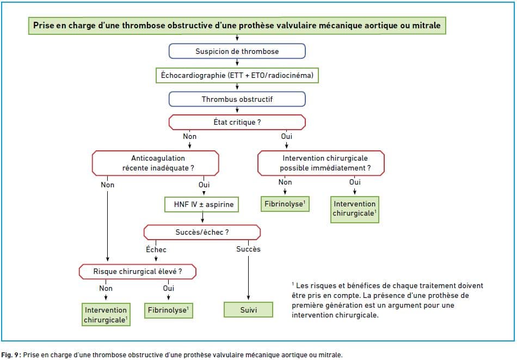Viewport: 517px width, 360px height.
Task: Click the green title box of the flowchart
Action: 237,26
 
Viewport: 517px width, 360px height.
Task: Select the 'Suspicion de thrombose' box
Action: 237,51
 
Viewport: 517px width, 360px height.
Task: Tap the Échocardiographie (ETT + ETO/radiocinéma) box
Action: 237,75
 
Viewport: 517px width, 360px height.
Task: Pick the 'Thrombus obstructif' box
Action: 237,99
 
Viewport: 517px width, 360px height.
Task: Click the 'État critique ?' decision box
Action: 237,122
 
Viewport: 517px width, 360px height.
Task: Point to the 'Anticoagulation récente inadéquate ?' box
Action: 155,163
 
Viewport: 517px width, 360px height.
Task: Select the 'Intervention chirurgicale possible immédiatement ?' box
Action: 321,163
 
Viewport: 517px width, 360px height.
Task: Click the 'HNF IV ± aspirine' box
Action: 201,205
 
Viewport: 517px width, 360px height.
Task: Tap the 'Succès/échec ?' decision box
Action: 202,233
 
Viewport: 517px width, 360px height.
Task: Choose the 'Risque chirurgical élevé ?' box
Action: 138,272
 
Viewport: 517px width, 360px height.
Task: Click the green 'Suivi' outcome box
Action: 248,310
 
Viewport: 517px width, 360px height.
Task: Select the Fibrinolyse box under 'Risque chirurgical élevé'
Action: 169,310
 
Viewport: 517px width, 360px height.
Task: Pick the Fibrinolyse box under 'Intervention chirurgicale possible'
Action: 285,204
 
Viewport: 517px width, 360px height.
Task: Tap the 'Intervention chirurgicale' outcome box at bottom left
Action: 106,315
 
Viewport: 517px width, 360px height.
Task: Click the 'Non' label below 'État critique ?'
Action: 189,136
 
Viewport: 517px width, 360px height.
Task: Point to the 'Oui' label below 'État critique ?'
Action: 286,136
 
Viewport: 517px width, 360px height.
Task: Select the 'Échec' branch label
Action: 156,249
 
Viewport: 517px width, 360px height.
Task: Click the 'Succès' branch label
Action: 248,249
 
